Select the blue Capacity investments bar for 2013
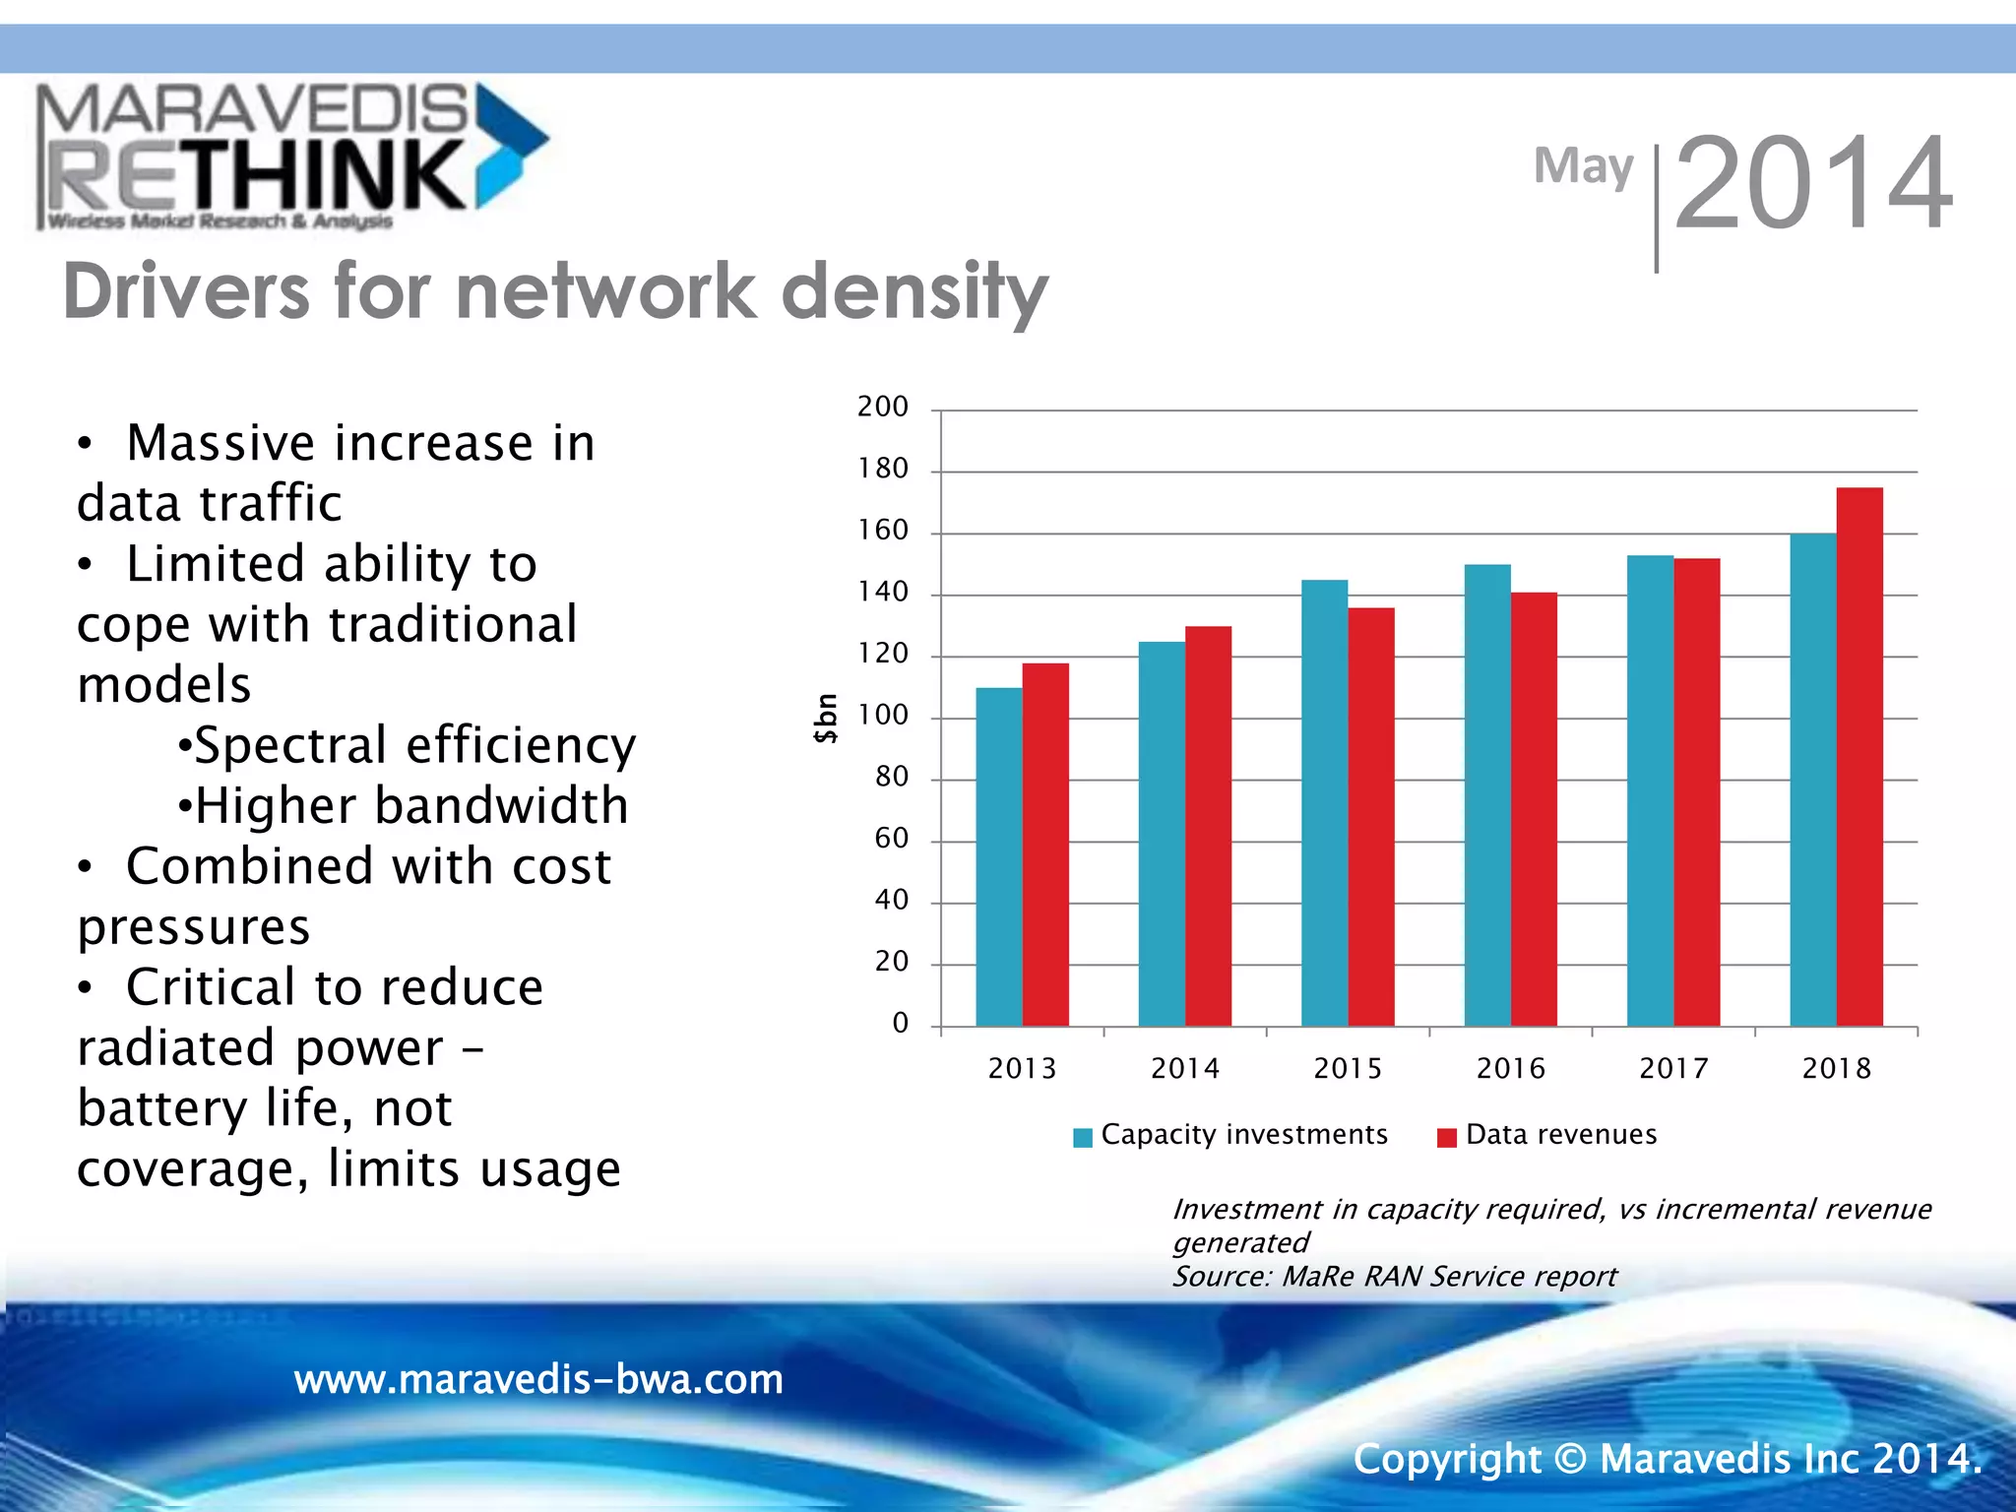(999, 856)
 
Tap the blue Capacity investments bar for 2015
(1324, 802)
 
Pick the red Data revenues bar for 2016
(1534, 808)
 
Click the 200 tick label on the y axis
(882, 407)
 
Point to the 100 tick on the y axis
(882, 716)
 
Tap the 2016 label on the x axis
(1510, 1068)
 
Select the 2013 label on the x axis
(1022, 1068)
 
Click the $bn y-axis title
(826, 719)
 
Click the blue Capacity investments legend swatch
(1083, 1138)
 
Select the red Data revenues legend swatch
(1446, 1138)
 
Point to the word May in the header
(1583, 166)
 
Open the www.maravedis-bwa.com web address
(538, 1379)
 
